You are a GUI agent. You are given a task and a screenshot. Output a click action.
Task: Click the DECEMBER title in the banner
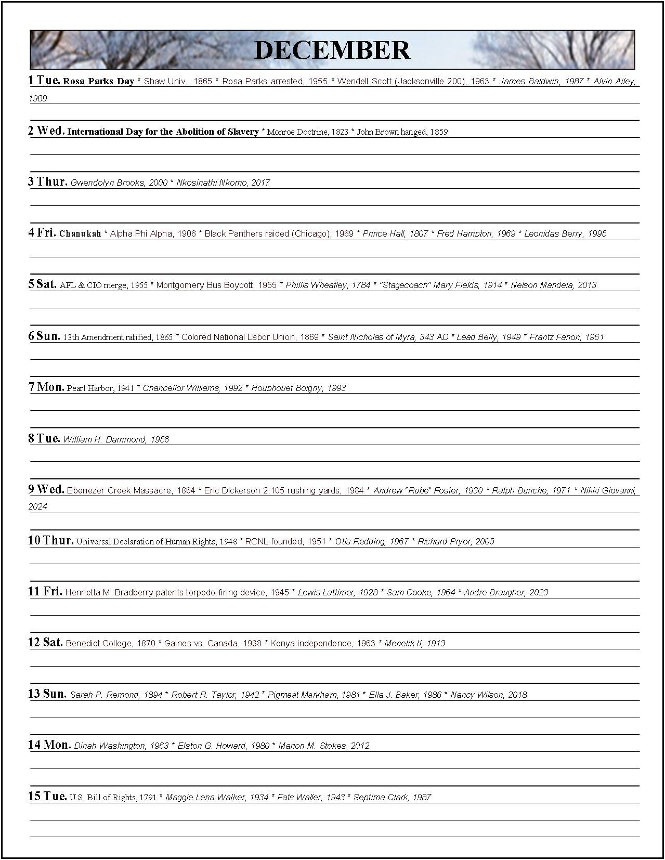point(332,50)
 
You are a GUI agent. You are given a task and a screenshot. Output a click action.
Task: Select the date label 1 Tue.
point(44,81)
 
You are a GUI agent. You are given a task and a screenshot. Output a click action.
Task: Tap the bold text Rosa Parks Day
point(98,82)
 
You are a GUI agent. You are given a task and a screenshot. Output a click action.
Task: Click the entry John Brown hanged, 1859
point(402,132)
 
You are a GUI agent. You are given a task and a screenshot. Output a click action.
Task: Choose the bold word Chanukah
point(80,234)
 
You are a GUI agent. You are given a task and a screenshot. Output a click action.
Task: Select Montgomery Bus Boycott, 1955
point(216,285)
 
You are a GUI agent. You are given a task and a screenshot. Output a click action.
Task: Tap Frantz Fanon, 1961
point(567,337)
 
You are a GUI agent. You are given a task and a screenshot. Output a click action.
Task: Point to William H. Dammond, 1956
point(116,439)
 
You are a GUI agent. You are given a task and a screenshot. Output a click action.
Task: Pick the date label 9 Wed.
point(46,489)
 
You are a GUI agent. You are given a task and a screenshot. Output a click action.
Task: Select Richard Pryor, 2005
point(456,541)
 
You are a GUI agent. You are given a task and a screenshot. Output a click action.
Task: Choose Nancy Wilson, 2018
point(488,695)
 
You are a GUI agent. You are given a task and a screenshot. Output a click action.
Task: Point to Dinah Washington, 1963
point(121,746)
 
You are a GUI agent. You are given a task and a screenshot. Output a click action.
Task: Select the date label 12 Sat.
point(45,643)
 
